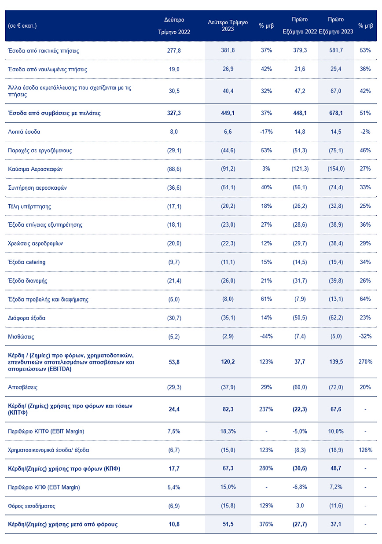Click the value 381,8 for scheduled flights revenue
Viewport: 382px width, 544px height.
228,51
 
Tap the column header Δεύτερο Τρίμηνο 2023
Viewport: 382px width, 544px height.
228,26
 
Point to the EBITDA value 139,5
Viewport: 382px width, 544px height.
336,361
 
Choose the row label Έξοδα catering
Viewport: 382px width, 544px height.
27,262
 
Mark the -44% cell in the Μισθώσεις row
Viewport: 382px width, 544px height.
266,337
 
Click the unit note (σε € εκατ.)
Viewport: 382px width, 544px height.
22,26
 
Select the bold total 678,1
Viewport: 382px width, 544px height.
336,113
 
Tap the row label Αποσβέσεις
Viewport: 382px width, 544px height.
23,387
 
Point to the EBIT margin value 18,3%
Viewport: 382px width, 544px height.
228,431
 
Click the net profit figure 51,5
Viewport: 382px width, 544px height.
228,525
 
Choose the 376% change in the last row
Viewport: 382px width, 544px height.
266,525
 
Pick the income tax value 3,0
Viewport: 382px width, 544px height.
299,506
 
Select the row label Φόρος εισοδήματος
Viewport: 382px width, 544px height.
32,506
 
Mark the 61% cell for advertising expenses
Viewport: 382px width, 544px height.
266,299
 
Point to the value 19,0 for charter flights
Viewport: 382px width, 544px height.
174,69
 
